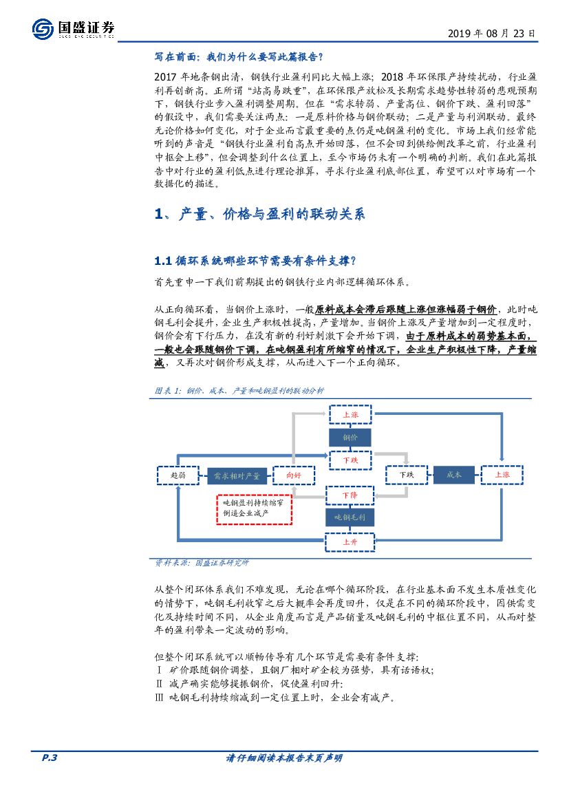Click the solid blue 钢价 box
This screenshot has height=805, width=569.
350,437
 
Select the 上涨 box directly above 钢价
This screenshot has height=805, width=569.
350,415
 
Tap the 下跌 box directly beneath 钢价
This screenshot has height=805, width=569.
350,459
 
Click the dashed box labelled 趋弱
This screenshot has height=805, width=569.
178,475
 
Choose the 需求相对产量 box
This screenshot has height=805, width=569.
237,475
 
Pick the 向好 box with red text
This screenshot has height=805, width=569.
294,475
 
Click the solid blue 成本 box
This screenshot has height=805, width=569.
454,475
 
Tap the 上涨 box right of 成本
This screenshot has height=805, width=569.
502,475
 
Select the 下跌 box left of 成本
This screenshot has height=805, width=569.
406,475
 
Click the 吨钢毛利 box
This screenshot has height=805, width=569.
350,517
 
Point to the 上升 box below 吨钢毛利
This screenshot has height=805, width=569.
350,541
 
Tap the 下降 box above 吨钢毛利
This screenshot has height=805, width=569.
350,495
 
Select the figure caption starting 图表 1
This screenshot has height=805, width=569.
239,390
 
